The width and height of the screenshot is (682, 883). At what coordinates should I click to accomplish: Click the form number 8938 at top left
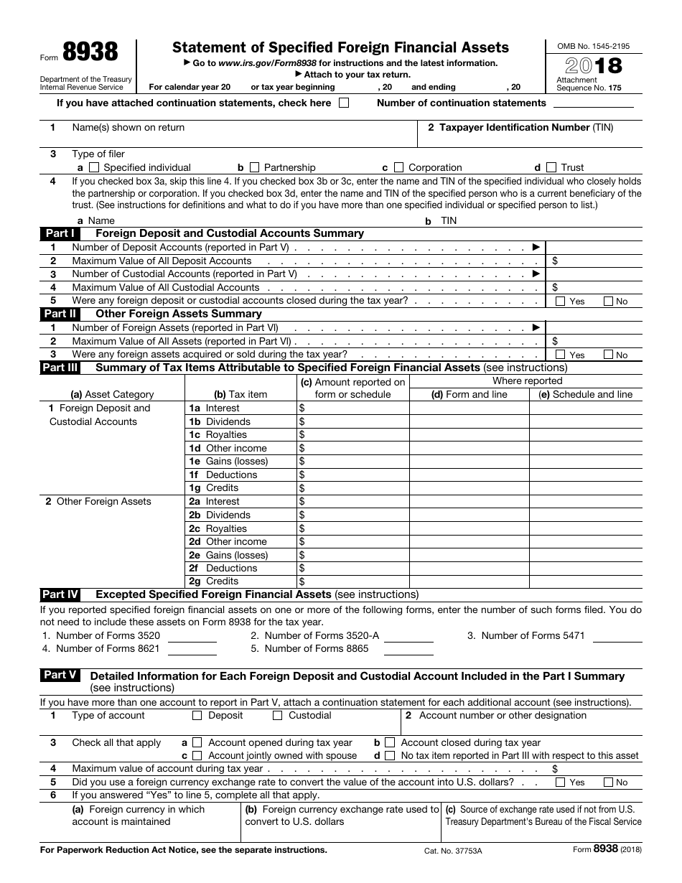(x=90, y=53)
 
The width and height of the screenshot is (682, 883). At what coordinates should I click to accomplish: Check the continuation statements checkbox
(x=344, y=103)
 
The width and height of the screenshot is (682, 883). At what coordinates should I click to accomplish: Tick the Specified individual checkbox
(x=94, y=167)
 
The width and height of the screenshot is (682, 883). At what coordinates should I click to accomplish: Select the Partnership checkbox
(x=254, y=167)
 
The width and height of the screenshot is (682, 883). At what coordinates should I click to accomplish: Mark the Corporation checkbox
(x=399, y=167)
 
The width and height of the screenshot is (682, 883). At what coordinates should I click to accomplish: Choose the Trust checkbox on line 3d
(x=551, y=167)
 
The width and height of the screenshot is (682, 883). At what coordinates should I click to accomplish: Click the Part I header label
(x=60, y=233)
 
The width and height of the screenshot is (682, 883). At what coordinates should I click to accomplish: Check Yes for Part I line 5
(x=561, y=302)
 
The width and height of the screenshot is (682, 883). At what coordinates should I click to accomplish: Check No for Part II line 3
(x=608, y=355)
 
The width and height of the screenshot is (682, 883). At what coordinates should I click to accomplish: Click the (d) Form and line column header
(x=469, y=394)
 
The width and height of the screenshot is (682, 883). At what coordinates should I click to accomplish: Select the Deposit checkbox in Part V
(x=197, y=715)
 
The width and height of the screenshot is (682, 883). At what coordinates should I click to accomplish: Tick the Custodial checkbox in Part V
(x=278, y=715)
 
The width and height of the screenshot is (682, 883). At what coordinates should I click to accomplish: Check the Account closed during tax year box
(x=390, y=742)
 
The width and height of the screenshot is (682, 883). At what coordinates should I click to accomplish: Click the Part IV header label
(x=61, y=594)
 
